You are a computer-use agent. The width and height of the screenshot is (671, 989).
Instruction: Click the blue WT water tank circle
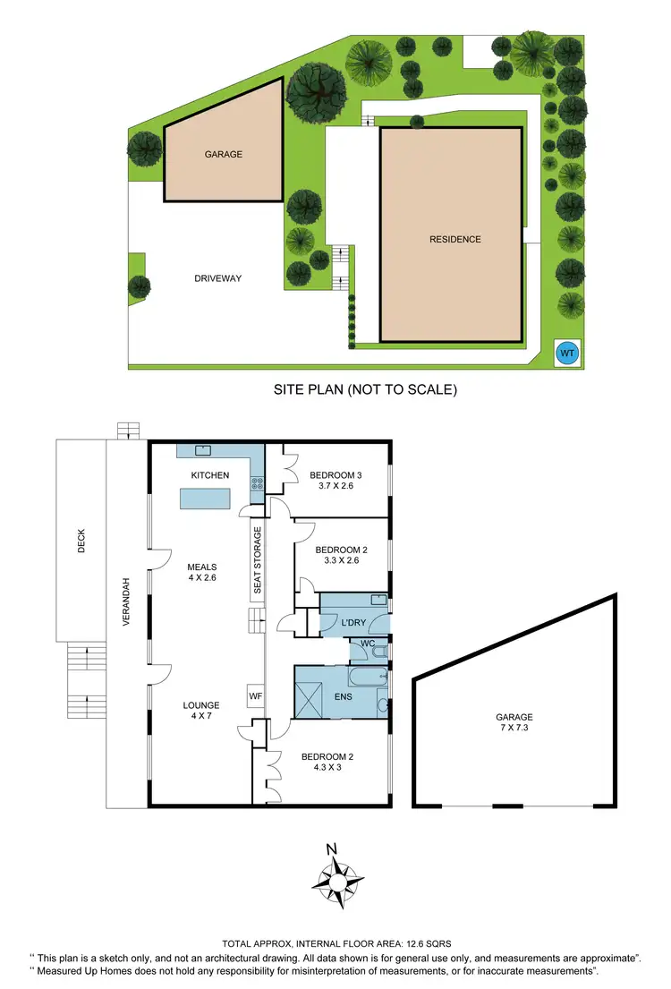[567, 354]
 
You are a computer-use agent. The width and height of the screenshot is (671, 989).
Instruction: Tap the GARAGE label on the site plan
[224, 154]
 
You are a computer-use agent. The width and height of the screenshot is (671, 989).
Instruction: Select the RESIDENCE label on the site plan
[454, 239]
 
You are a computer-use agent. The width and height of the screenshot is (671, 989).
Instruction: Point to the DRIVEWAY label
[218, 278]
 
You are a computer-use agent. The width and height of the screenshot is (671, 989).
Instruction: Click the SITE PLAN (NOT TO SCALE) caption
[365, 390]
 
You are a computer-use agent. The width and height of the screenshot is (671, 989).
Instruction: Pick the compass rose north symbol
[337, 880]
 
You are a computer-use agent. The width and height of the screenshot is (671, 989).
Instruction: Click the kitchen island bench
[206, 499]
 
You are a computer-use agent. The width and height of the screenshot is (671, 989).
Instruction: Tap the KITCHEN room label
[210, 475]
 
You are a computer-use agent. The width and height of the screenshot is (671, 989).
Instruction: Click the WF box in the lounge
[253, 694]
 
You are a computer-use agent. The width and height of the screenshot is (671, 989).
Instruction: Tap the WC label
[368, 644]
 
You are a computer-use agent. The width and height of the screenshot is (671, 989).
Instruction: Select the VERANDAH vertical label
[127, 601]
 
